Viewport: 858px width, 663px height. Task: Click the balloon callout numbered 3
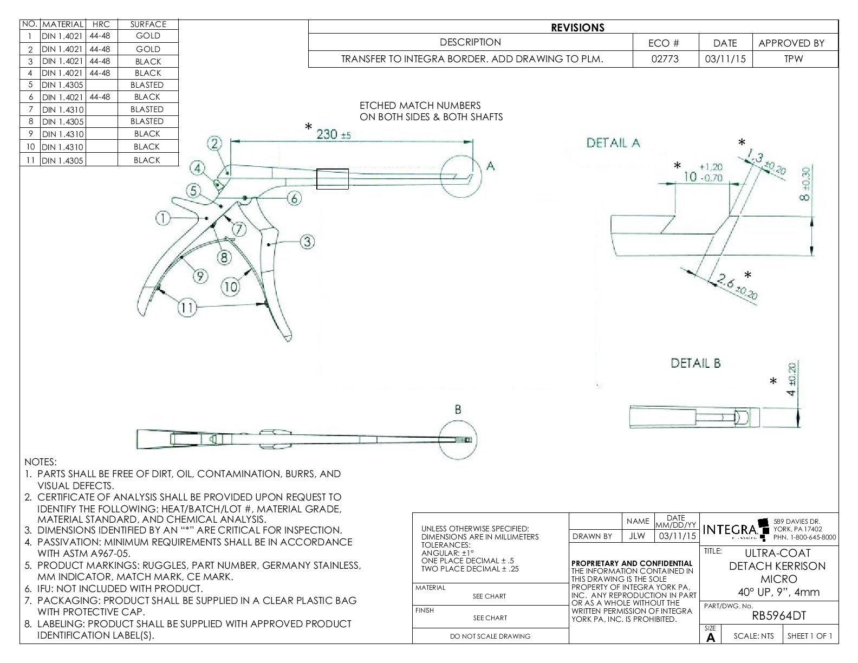coord(307,242)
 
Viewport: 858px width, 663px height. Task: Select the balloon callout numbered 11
coord(187,308)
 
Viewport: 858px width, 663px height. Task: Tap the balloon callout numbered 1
coord(163,218)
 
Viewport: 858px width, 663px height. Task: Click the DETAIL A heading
coord(613,143)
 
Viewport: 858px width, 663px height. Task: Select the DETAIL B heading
coord(695,363)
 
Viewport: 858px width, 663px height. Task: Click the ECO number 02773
coord(665,59)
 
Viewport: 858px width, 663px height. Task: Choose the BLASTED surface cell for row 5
coord(147,85)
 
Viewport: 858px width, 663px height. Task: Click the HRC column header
coord(101,24)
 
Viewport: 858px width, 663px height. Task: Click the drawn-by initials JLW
coord(638,536)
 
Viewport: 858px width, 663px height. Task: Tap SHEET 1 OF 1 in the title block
coord(810,636)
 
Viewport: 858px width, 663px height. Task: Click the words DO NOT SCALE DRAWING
coord(490,636)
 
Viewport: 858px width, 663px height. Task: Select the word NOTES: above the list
coord(41,462)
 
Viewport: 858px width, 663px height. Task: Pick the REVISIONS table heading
coord(577,28)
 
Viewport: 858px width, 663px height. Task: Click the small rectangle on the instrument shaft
coord(332,179)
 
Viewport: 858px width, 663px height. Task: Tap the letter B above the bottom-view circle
coord(458,410)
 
